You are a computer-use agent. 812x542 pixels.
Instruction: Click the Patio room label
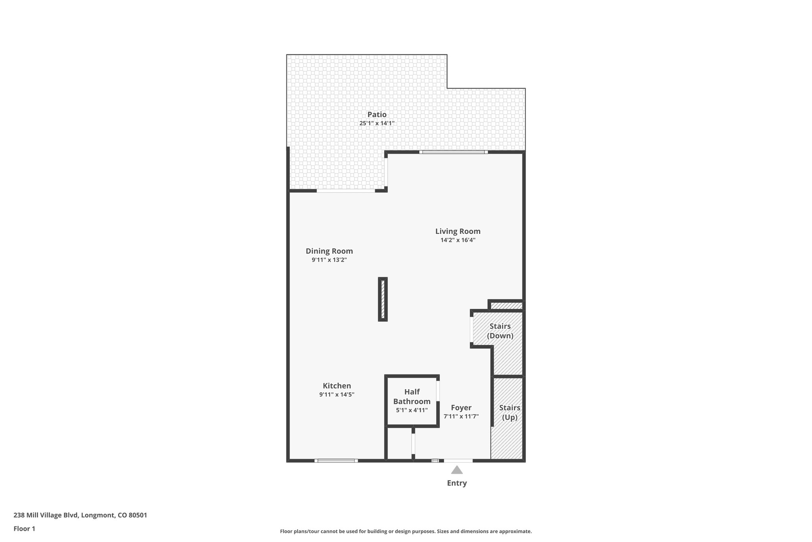pyautogui.click(x=377, y=114)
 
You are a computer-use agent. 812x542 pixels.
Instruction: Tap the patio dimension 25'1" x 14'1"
pyautogui.click(x=377, y=123)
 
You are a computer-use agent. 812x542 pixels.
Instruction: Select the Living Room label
pyautogui.click(x=458, y=231)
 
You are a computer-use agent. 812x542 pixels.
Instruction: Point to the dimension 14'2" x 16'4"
pyautogui.click(x=458, y=240)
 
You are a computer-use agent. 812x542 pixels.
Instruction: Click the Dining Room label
pyautogui.click(x=329, y=251)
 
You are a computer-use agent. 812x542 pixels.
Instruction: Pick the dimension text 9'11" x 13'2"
pyautogui.click(x=329, y=260)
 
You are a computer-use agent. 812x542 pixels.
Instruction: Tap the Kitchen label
pyautogui.click(x=337, y=386)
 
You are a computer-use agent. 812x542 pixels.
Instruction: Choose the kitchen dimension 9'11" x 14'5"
pyautogui.click(x=337, y=395)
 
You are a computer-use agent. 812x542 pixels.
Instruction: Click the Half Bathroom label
pyautogui.click(x=412, y=396)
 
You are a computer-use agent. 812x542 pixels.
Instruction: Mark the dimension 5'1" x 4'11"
pyautogui.click(x=412, y=410)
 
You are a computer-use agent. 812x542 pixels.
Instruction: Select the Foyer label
pyautogui.click(x=461, y=407)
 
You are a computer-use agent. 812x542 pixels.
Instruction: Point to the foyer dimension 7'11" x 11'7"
pyautogui.click(x=461, y=417)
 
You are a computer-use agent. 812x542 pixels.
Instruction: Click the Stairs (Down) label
pyautogui.click(x=500, y=331)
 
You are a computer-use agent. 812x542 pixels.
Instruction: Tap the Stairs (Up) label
pyautogui.click(x=509, y=412)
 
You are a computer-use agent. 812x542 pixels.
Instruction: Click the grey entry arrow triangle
pyautogui.click(x=457, y=470)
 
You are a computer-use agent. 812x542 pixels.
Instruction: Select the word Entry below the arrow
pyautogui.click(x=457, y=483)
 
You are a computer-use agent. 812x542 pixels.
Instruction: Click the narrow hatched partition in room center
pyautogui.click(x=383, y=299)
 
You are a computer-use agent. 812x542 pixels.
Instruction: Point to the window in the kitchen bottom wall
pyautogui.click(x=336, y=461)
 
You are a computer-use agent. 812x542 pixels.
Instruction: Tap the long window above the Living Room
pyautogui.click(x=454, y=152)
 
